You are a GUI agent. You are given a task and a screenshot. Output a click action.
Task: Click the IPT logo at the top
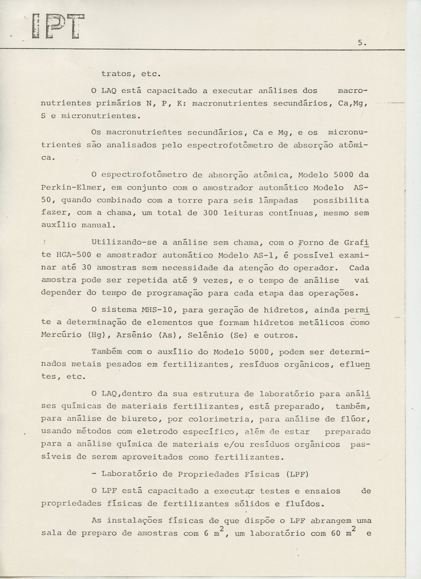58,26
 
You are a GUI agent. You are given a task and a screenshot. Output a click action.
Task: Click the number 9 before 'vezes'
195,280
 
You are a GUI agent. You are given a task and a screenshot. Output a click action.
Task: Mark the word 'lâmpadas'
278,200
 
